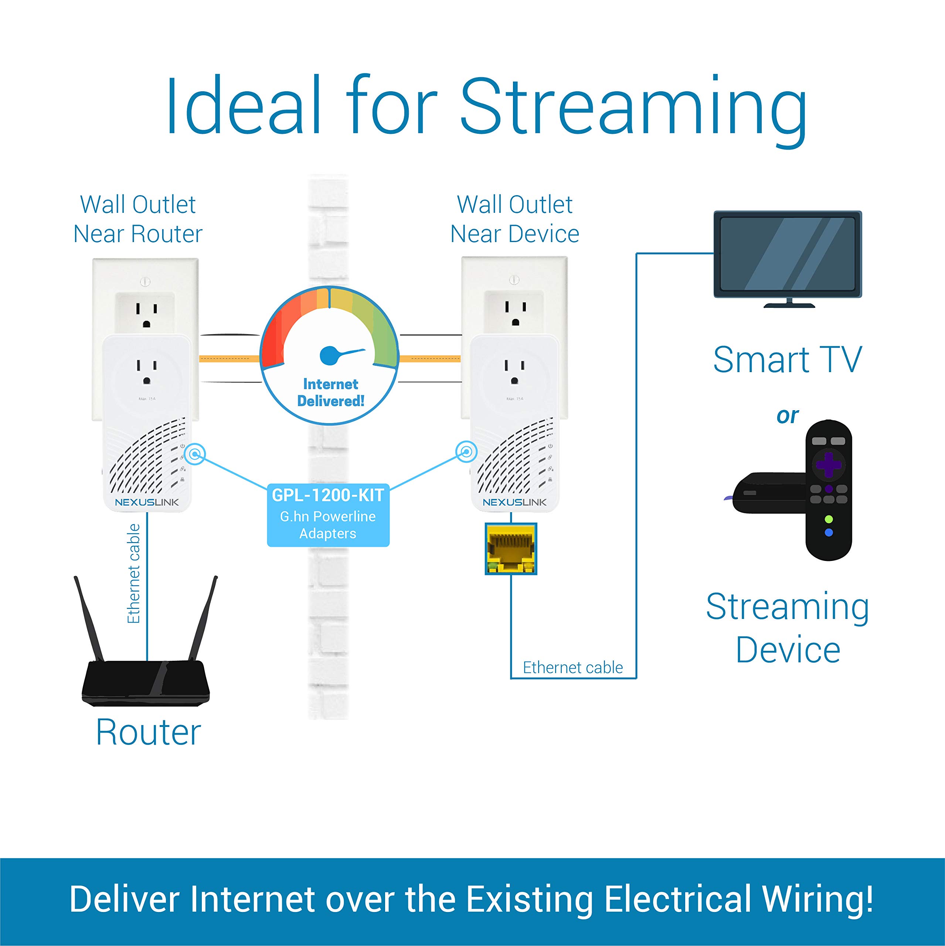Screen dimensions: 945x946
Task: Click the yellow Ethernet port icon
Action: pyautogui.click(x=511, y=548)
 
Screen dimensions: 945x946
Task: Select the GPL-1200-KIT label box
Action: pyautogui.click(x=328, y=515)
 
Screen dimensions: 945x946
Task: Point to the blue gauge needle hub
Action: pyautogui.click(x=329, y=355)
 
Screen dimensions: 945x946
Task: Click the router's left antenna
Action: pyautogui.click(x=89, y=618)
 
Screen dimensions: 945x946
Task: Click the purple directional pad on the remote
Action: pyautogui.click(x=829, y=464)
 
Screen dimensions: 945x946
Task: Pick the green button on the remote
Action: pyautogui.click(x=829, y=519)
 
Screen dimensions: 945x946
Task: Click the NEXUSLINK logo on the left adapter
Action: pyautogui.click(x=147, y=503)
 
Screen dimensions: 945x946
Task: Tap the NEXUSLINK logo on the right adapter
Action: pyautogui.click(x=514, y=503)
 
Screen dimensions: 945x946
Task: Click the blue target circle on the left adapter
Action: pyautogui.click(x=196, y=454)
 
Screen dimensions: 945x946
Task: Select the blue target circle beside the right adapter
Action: pyautogui.click(x=466, y=452)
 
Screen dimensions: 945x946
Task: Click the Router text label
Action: pyautogui.click(x=148, y=732)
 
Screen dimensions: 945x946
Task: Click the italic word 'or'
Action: pyautogui.click(x=787, y=416)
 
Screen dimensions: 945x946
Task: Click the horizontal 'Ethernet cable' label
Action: pyautogui.click(x=573, y=667)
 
